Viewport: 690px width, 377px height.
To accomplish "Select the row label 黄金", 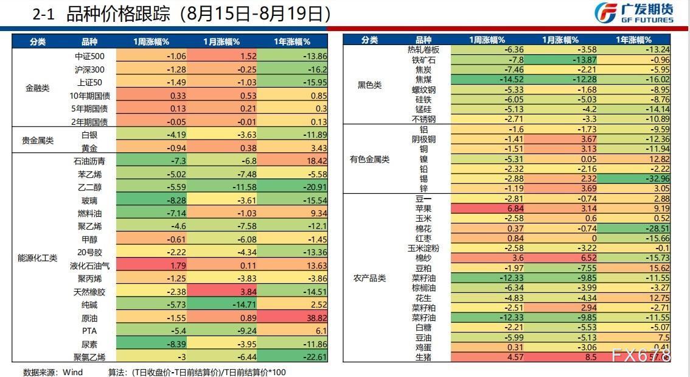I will [x=89, y=148].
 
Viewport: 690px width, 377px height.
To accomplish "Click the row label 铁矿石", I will [x=423, y=60].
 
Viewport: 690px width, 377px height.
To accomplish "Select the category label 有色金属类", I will [x=369, y=160].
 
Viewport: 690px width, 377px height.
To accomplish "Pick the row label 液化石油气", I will [x=89, y=266].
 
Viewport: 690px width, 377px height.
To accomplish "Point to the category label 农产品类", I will [x=369, y=278].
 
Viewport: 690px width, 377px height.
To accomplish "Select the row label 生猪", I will [x=423, y=357].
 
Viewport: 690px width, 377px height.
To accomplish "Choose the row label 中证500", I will [x=89, y=56].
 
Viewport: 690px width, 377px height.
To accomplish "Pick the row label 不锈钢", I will [x=423, y=119].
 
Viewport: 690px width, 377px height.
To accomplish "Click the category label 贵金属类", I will [x=38, y=141].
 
